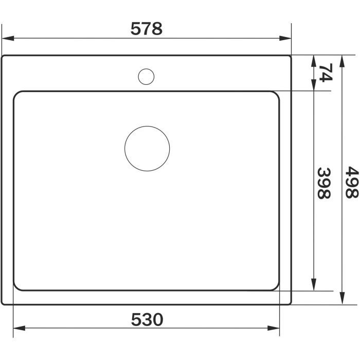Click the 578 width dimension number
(147, 29)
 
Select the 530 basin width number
(147, 319)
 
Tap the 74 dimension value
(326, 73)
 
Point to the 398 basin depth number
(324, 183)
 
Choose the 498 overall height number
(352, 182)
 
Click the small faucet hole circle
(146, 77)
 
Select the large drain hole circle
(147, 149)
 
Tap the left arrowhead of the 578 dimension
(8, 38)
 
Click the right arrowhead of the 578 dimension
(285, 38)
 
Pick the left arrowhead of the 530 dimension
(20, 328)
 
